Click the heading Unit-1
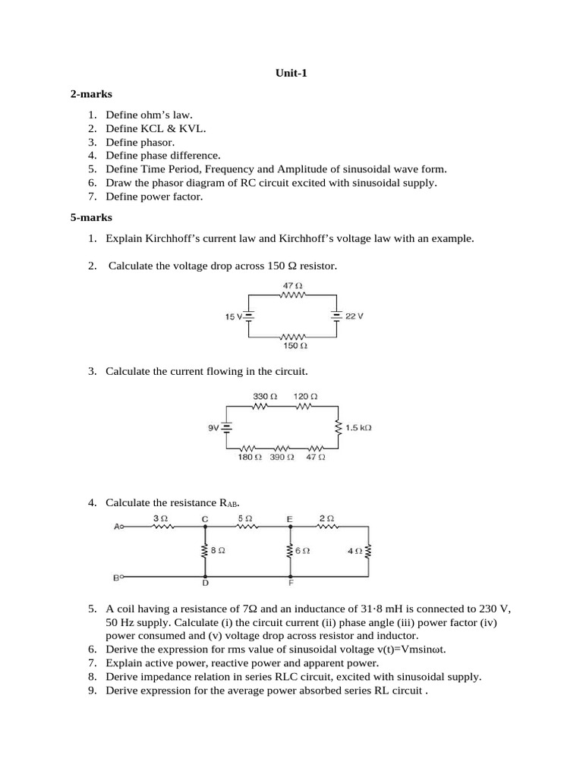click(291, 74)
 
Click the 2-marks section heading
click(91, 94)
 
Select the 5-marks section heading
click(91, 218)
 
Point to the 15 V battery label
click(233, 316)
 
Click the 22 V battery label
click(355, 316)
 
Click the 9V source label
click(213, 428)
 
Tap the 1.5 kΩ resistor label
click(358, 428)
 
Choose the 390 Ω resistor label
click(281, 458)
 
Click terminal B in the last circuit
click(117, 577)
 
